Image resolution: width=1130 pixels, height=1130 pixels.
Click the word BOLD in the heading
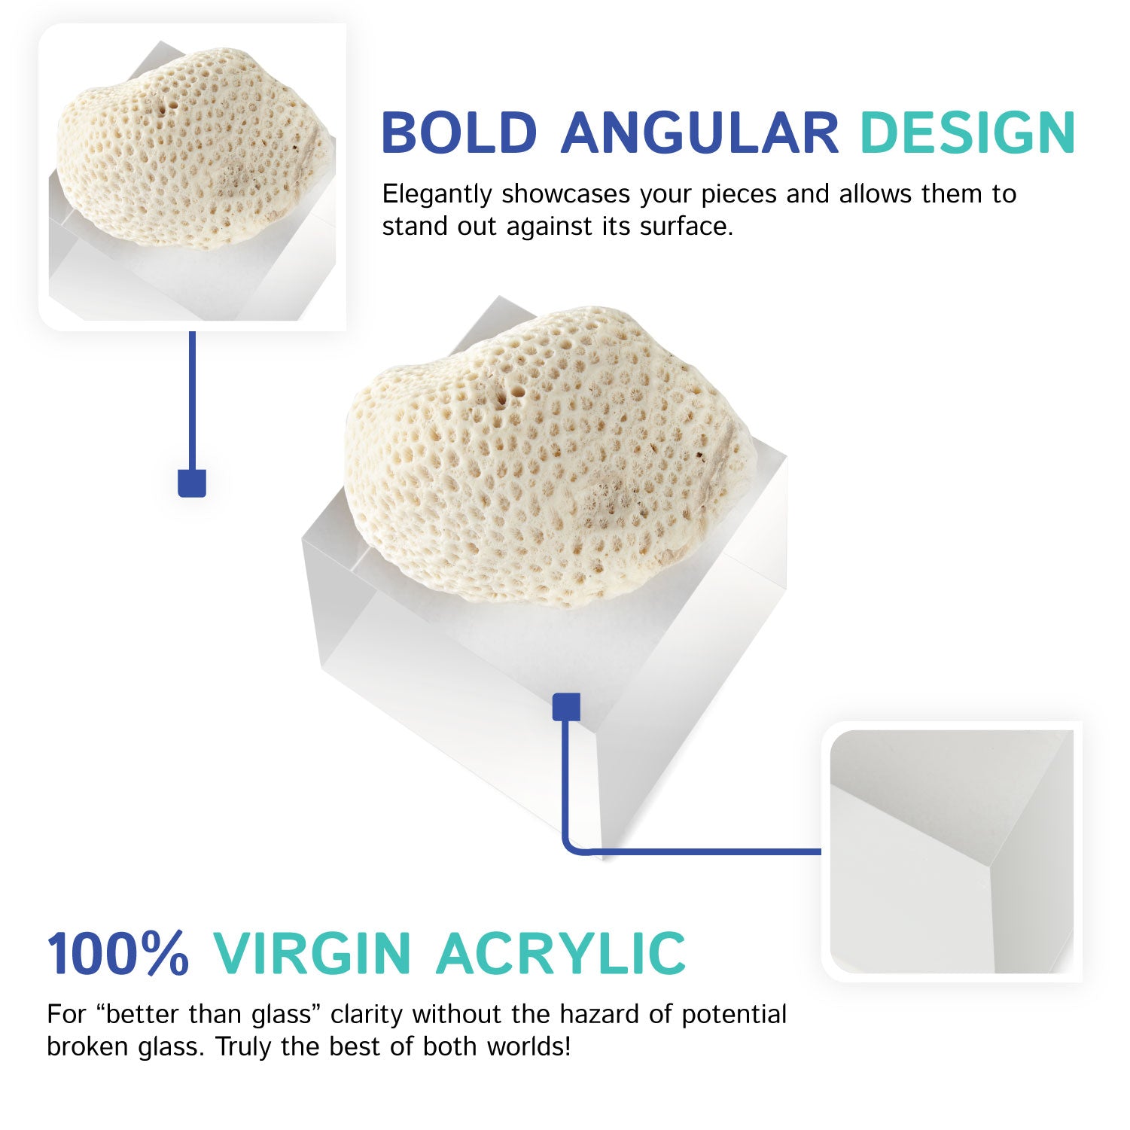click(x=458, y=132)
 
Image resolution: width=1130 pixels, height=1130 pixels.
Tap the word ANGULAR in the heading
click(x=699, y=132)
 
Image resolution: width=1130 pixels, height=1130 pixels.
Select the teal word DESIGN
click(x=967, y=132)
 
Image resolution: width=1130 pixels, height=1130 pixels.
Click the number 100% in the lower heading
click(x=118, y=953)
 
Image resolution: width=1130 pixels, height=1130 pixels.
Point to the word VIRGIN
click(x=312, y=953)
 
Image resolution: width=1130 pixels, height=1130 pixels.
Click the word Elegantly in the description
click(x=437, y=194)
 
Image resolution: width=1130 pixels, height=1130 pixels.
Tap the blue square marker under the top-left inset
click(x=192, y=483)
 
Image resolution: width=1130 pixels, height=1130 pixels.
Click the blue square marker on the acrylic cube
click(x=566, y=707)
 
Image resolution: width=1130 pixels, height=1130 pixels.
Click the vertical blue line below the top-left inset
click(x=192, y=399)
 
